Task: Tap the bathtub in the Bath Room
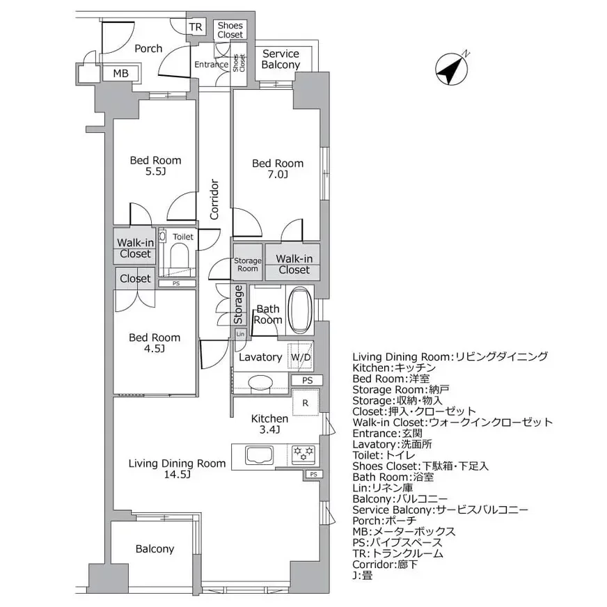coord(301,310)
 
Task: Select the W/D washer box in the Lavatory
coord(301,357)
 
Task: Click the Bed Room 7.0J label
coord(278,169)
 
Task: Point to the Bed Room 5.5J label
coord(155,166)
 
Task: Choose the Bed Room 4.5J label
coord(155,342)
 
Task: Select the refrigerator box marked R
coord(305,403)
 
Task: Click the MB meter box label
coord(120,73)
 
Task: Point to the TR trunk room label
coord(196,27)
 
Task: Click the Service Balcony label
coord(281,59)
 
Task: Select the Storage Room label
coord(246,265)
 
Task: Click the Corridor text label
coord(214,200)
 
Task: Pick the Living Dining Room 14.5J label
coord(177,468)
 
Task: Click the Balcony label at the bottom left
coord(155,549)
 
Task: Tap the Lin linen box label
coord(240,334)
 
